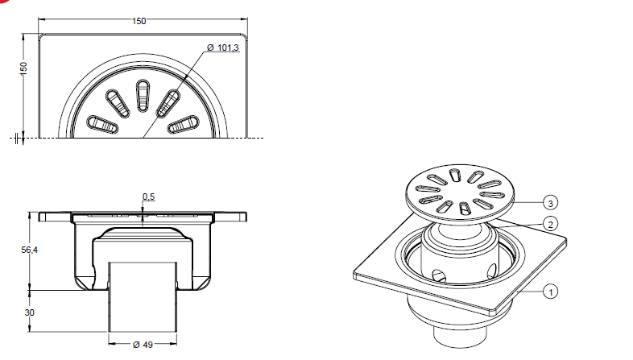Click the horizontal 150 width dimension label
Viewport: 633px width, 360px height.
(139, 21)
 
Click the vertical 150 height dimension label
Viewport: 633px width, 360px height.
(24, 68)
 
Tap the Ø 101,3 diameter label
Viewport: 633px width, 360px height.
(223, 48)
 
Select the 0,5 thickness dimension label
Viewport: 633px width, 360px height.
(148, 197)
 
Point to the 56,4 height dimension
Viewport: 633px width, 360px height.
(30, 250)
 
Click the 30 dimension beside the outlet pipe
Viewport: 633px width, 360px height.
(30, 312)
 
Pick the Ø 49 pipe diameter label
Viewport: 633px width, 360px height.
(143, 345)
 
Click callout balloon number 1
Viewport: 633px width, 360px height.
(551, 291)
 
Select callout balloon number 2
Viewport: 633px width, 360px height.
(551, 224)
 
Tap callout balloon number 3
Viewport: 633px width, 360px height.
(551, 202)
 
